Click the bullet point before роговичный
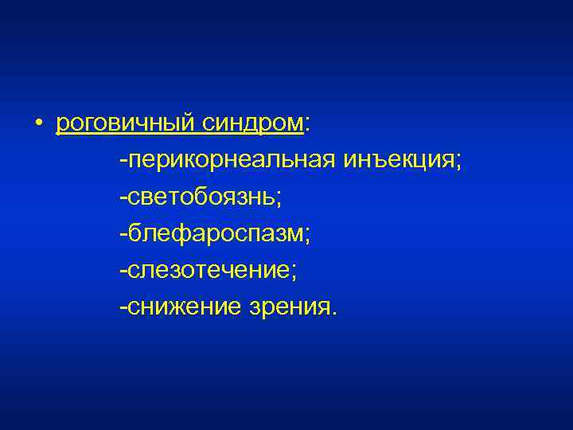click(x=38, y=125)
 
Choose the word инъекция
click(x=399, y=162)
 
